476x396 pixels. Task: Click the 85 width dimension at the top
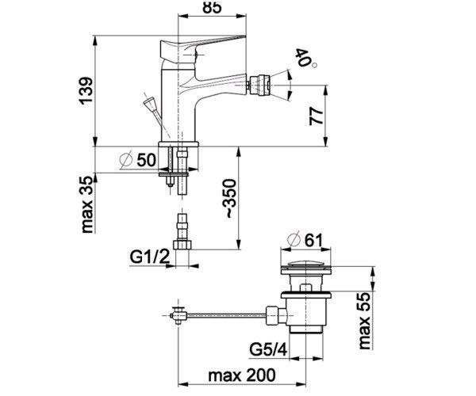212,6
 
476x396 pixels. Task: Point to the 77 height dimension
317,116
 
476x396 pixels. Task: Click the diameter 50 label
138,159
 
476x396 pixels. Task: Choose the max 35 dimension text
86,205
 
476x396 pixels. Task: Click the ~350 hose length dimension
230,199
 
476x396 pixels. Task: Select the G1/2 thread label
150,257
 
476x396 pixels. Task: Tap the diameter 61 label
305,240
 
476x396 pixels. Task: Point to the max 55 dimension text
364,322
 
